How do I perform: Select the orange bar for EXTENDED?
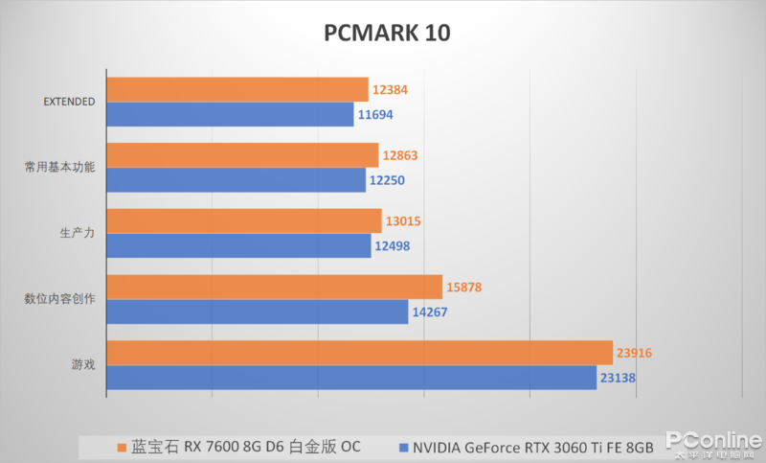click(x=237, y=89)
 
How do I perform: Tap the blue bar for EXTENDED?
click(x=230, y=114)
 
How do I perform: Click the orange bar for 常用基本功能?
click(x=242, y=155)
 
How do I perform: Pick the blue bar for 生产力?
click(x=238, y=245)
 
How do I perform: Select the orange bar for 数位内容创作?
click(x=274, y=287)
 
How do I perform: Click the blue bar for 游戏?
click(x=351, y=378)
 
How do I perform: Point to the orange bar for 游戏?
click(x=359, y=353)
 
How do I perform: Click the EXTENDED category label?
click(x=70, y=102)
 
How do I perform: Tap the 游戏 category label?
click(x=82, y=365)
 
